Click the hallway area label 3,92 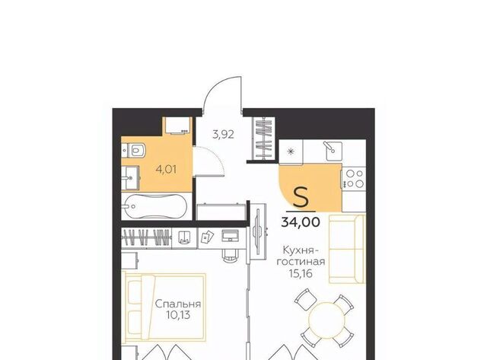[x=223, y=135]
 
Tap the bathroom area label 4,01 [x=166, y=170]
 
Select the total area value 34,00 [x=301, y=222]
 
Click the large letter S [x=301, y=198]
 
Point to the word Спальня [x=178, y=304]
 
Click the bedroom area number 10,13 [x=178, y=315]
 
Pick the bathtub [x=154, y=206]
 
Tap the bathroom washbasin [x=130, y=178]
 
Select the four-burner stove [x=354, y=179]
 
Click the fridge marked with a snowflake [x=291, y=151]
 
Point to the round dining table [x=326, y=320]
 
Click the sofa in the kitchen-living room [x=347, y=249]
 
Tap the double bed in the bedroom [x=164, y=307]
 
